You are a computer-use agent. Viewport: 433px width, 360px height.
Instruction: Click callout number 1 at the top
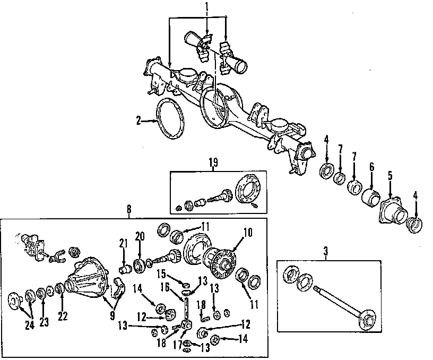pyautogui.click(x=206, y=8)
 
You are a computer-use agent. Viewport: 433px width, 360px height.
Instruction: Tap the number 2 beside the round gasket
pyautogui.click(x=138, y=121)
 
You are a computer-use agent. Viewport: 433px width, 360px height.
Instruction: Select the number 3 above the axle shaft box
pyautogui.click(x=325, y=249)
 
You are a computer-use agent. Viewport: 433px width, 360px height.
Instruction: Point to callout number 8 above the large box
pyautogui.click(x=129, y=210)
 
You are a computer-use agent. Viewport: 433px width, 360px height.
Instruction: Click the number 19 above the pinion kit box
pyautogui.click(x=213, y=163)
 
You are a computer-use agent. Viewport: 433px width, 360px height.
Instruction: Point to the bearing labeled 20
pyautogui.click(x=138, y=265)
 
